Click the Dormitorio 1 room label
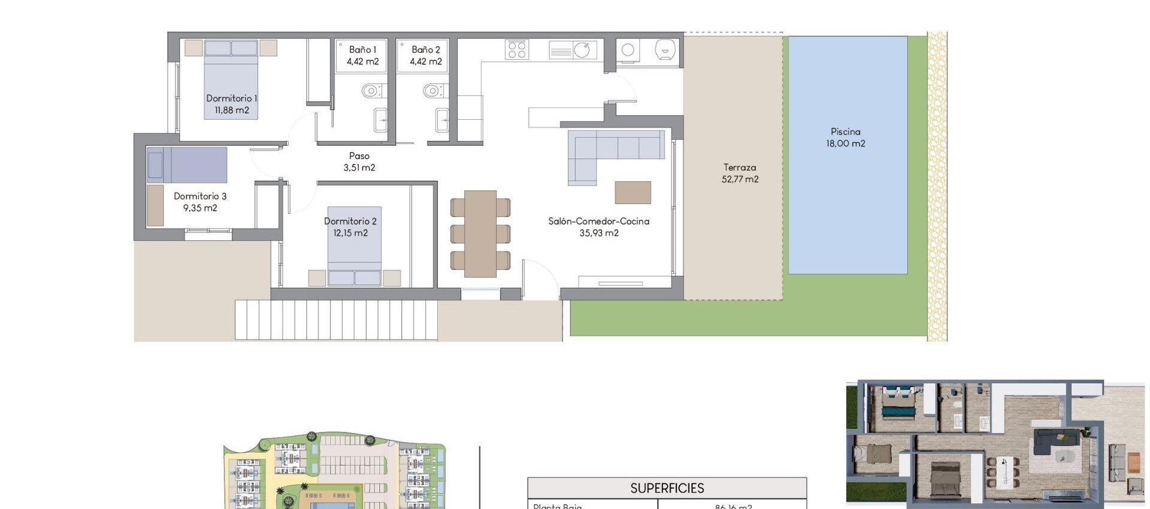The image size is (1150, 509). point(231,98)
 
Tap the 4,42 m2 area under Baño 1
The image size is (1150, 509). point(362,62)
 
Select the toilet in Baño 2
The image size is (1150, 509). point(433,91)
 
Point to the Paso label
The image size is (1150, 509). point(359,156)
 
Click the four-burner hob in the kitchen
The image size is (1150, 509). point(517,49)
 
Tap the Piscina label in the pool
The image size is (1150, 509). point(845,132)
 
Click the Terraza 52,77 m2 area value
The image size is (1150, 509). point(740,179)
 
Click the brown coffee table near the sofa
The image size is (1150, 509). point(632,193)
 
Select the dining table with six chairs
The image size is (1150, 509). point(480,234)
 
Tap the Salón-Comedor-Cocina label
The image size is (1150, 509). point(598,221)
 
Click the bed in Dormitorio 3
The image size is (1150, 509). point(187,165)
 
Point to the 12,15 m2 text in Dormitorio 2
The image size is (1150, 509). point(350,233)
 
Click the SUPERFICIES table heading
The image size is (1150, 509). point(667,488)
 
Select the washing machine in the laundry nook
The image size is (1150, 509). point(628,50)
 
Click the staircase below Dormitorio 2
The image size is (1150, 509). point(335,320)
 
